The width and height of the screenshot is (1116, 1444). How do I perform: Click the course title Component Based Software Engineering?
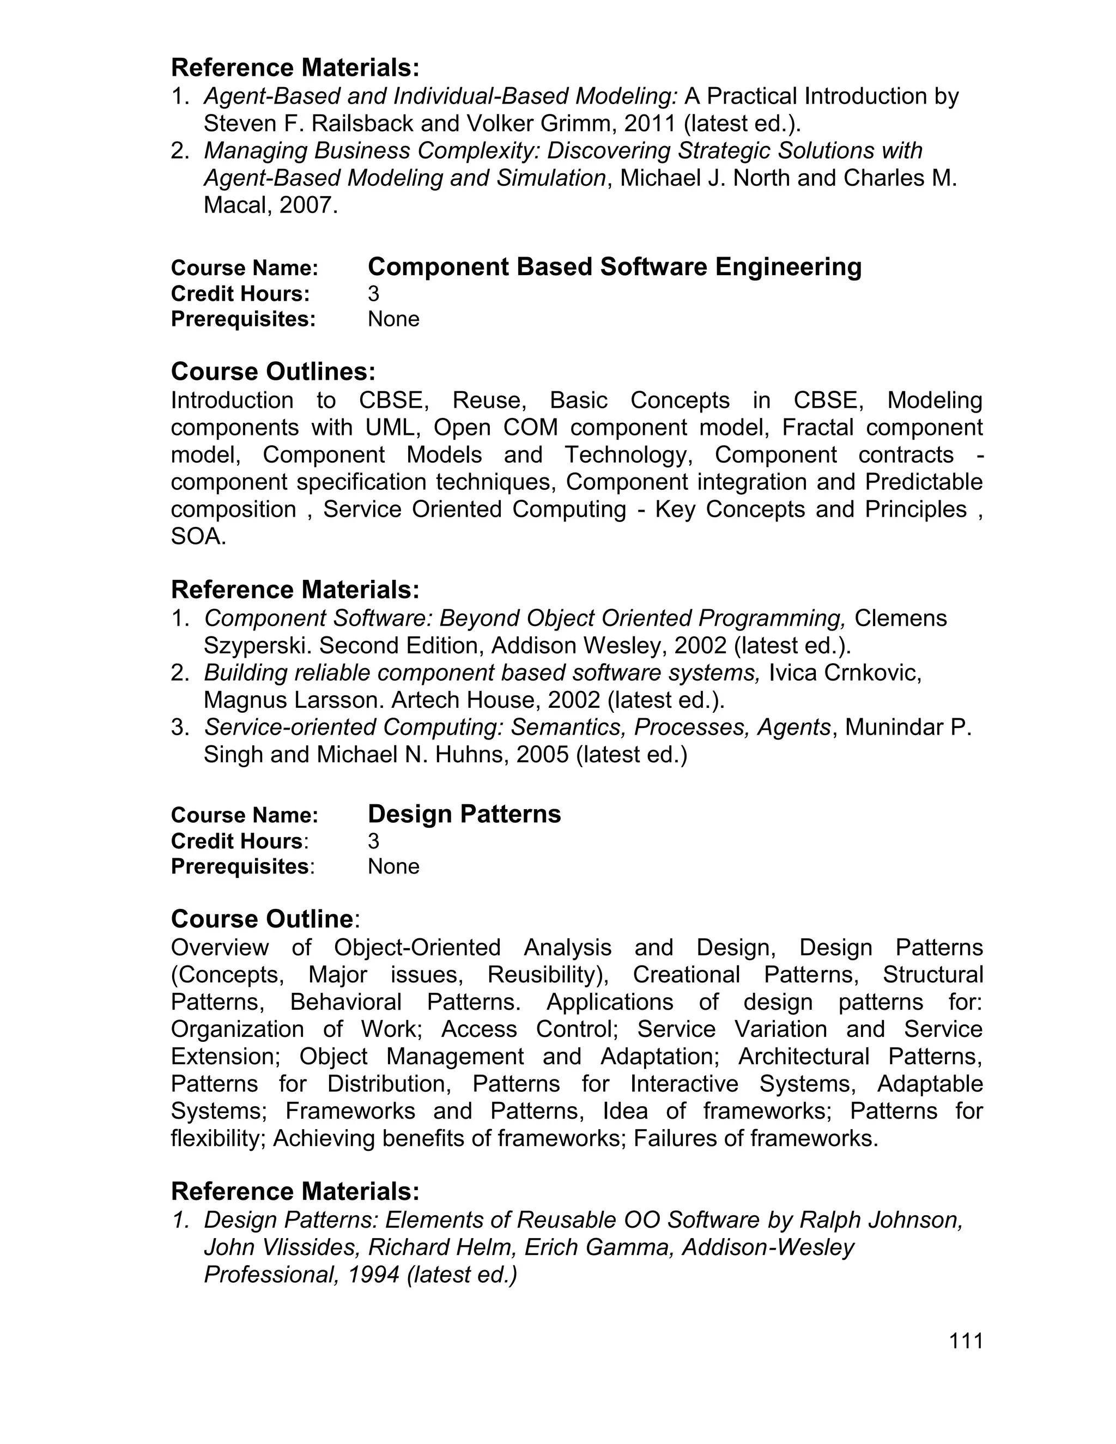click(x=614, y=266)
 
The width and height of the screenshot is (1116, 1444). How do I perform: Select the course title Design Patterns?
click(x=464, y=814)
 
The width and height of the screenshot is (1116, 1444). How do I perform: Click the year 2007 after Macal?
click(x=307, y=205)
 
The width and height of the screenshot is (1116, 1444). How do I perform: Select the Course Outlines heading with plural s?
click(x=273, y=372)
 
